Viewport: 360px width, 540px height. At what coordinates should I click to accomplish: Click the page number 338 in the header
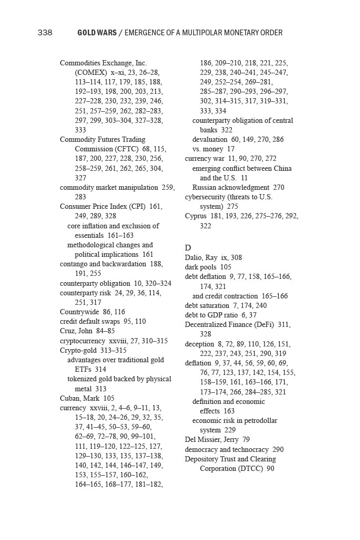tap(45, 33)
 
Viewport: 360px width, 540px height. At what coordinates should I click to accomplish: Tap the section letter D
tap(188, 248)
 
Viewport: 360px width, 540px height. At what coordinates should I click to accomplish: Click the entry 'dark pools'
tap(200, 267)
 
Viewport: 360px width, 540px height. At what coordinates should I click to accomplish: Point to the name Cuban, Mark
tap(80, 398)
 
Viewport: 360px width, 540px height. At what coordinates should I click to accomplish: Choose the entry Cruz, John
tap(76, 331)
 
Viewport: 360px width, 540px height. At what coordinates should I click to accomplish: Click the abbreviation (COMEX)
tap(91, 72)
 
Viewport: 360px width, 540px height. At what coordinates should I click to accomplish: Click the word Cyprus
tap(196, 216)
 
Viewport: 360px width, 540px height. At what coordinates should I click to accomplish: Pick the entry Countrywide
tap(78, 312)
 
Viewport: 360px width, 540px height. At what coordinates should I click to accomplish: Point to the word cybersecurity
tap(206, 197)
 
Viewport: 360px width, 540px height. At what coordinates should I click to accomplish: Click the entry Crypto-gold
tap(79, 350)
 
